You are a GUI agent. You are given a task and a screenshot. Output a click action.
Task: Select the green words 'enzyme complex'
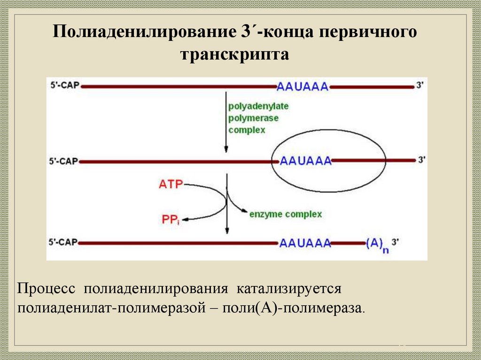(x=285, y=214)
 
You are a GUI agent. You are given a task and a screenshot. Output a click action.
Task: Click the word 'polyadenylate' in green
(x=258, y=107)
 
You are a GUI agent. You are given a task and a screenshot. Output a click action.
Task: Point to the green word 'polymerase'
(x=253, y=118)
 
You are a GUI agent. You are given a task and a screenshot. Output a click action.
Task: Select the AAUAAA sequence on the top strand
(x=303, y=86)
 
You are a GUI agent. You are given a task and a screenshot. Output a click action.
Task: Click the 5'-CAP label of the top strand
(x=64, y=86)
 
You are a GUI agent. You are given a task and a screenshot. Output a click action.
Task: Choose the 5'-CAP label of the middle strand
(x=64, y=161)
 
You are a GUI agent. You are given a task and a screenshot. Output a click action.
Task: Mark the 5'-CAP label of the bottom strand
(x=64, y=243)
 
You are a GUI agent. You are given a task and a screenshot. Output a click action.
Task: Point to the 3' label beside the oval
(x=421, y=160)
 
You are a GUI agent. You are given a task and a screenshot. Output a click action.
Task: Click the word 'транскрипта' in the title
(x=234, y=55)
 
